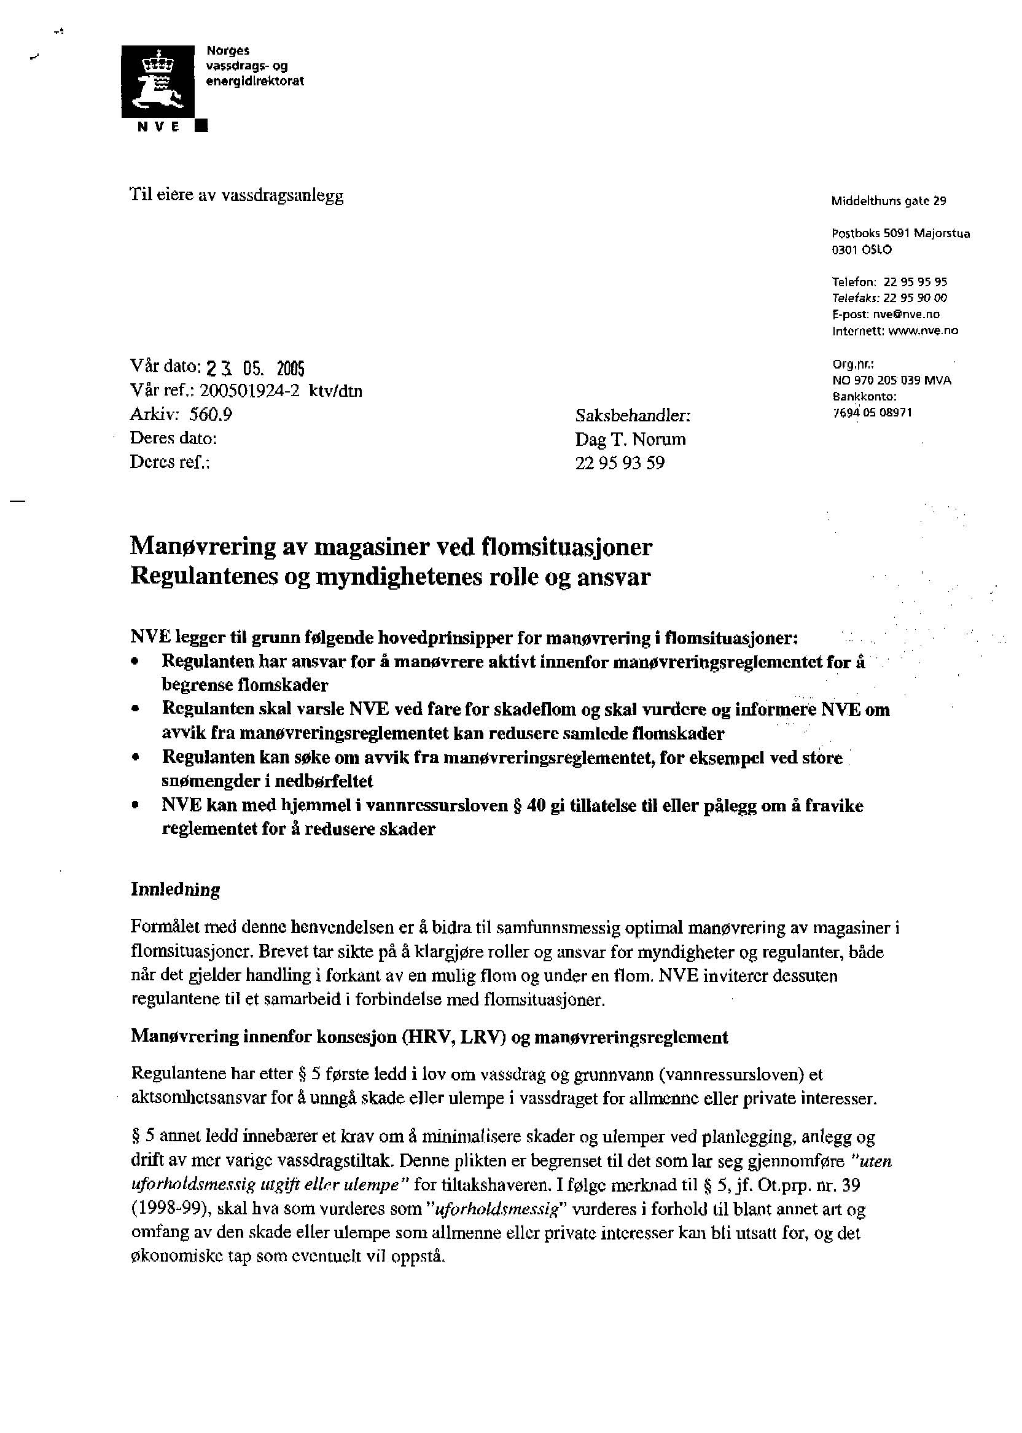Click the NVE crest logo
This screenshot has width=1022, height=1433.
coord(158,81)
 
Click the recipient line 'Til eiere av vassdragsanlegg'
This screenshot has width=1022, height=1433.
coord(236,197)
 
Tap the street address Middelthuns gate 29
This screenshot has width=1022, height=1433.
coord(888,201)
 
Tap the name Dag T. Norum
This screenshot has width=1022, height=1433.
coord(630,439)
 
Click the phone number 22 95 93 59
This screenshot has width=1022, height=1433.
coord(619,463)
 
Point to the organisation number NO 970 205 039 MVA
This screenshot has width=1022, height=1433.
coord(891,381)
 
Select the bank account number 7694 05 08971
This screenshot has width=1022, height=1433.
coord(872,413)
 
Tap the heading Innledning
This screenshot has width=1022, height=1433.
coord(176,890)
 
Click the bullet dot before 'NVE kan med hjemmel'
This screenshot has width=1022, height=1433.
coord(135,806)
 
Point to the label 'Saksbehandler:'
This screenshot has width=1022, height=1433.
coord(633,416)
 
